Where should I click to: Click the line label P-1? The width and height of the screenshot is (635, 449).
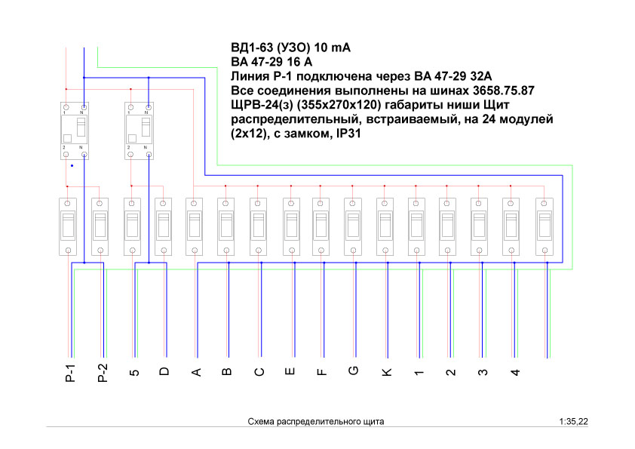tap(70, 374)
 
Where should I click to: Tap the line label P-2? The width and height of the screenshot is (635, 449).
tap(103, 374)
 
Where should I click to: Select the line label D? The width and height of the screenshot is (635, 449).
tap(164, 371)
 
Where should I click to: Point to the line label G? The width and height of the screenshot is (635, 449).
tap(354, 371)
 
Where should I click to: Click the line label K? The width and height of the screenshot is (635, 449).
tap(387, 372)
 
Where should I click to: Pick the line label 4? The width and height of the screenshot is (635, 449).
tap(515, 372)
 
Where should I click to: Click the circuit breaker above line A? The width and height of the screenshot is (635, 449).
tap(195, 226)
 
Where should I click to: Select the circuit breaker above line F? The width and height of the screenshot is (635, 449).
tap(321, 226)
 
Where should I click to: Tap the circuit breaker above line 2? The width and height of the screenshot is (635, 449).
tap(447, 226)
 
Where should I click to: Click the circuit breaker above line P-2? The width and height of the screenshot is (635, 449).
tap(100, 226)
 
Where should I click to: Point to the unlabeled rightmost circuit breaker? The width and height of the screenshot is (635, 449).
tap(545, 226)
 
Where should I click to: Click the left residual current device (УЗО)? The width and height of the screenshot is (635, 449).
tap(75, 131)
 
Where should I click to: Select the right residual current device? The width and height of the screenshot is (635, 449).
tap(140, 131)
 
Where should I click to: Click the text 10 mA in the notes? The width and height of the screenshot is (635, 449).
tap(332, 48)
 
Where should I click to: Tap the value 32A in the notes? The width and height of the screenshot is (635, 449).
tap(481, 76)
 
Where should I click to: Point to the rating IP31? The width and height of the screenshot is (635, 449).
tap(348, 134)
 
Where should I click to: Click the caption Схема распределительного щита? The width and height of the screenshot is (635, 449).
tap(316, 421)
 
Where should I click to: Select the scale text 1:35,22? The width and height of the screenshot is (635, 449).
tap(573, 421)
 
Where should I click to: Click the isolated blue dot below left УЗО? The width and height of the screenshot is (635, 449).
tap(72, 166)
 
